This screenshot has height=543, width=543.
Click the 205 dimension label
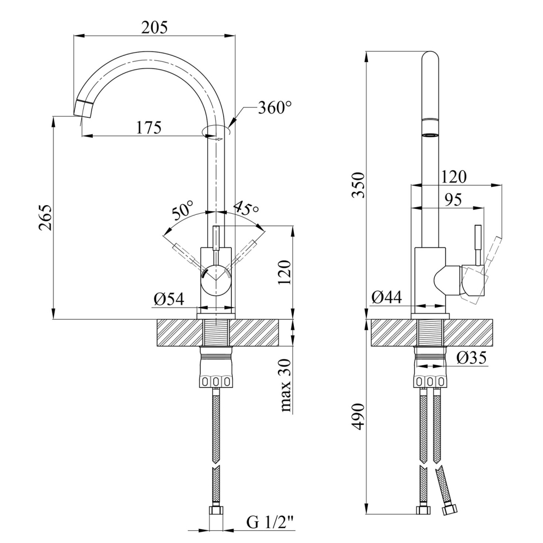154,28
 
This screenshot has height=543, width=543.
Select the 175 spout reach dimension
149,128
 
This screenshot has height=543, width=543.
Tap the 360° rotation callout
275,108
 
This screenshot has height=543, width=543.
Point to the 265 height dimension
46,217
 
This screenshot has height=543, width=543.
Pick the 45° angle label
246,207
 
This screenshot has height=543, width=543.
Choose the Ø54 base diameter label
169,300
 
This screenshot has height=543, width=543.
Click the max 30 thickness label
285,385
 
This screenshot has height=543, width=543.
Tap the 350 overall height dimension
360,185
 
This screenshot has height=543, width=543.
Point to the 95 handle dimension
452,200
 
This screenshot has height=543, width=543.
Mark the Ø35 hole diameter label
471,358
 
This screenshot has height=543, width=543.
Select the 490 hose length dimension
359,417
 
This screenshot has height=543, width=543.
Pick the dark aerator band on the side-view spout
430,134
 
